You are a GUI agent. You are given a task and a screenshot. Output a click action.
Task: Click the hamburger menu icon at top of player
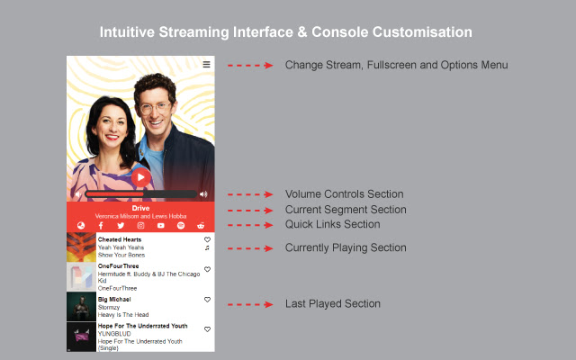tap(206, 65)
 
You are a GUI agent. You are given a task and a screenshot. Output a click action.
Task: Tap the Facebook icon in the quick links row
tap(100, 225)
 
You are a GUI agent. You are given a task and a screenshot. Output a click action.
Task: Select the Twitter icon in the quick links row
tap(121, 225)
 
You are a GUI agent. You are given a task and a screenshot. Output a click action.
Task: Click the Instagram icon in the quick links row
tap(140, 225)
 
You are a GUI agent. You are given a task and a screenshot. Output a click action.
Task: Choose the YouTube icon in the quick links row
tap(161, 225)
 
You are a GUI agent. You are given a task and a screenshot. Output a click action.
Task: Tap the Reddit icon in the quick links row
tap(201, 225)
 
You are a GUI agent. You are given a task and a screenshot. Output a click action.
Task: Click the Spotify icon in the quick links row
tap(181, 225)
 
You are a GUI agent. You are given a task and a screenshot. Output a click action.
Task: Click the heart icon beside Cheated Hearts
tap(207, 239)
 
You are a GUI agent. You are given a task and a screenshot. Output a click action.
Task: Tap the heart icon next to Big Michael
tap(207, 299)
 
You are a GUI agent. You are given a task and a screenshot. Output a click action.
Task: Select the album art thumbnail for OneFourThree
tap(81, 276)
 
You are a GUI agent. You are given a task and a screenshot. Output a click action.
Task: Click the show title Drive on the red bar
tap(140, 208)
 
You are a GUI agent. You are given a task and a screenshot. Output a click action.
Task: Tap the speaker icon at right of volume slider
tap(203, 193)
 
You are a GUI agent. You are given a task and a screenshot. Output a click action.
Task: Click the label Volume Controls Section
tap(344, 193)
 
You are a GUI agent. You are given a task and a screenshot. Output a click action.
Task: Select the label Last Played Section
tap(332, 304)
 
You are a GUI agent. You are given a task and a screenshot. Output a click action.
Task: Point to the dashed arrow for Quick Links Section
tap(249, 224)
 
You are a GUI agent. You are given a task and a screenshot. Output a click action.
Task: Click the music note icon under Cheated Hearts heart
tap(207, 248)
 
